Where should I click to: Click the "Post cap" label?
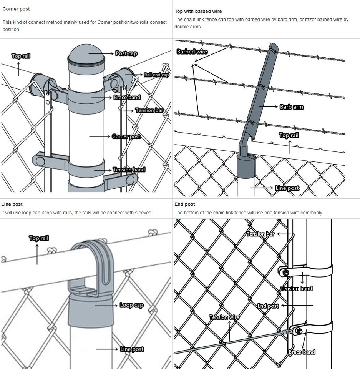point(126,53)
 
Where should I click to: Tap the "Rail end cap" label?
point(156,75)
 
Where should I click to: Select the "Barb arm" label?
point(291,107)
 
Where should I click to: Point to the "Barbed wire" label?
point(192,52)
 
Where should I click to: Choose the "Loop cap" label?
point(131,305)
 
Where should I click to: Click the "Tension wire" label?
point(224,317)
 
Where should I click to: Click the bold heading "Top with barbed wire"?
point(198,12)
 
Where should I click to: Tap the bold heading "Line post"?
point(12,204)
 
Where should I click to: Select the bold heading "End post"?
point(184,204)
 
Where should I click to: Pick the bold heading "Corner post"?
point(16,9)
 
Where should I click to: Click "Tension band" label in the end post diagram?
point(296,288)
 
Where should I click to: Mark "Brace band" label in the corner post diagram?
point(127,97)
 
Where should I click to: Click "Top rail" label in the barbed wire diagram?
point(289,135)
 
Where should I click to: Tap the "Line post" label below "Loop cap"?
point(132,349)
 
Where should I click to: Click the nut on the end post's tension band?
point(285,273)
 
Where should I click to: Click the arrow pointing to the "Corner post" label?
point(100,136)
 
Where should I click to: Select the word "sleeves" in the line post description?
point(143,213)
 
